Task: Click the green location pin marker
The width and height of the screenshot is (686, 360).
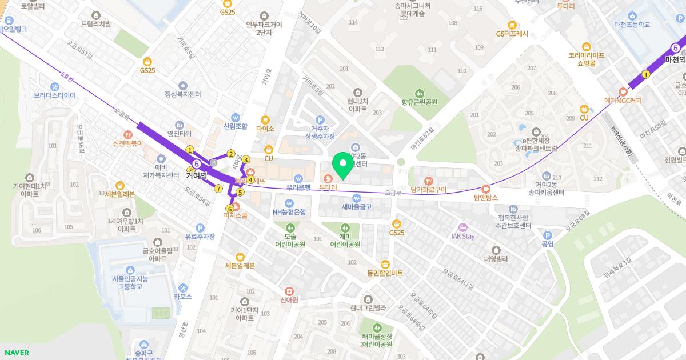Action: pyautogui.click(x=343, y=165)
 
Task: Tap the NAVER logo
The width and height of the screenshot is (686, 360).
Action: pyautogui.click(x=16, y=353)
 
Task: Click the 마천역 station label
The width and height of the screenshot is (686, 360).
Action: pyautogui.click(x=675, y=59)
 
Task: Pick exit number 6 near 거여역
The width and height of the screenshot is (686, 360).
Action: pyautogui.click(x=230, y=209)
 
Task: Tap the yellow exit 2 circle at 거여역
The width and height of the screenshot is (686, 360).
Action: pyautogui.click(x=231, y=154)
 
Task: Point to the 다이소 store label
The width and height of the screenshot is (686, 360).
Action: pyautogui.click(x=265, y=129)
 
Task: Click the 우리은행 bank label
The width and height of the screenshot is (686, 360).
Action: pyautogui.click(x=298, y=187)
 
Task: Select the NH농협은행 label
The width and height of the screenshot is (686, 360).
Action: pyautogui.click(x=289, y=212)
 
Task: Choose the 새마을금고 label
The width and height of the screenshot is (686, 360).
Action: pyautogui.click(x=357, y=206)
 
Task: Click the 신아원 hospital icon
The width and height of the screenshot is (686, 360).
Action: pyautogui.click(x=289, y=291)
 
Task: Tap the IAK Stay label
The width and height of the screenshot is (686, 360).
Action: pyautogui.click(x=463, y=236)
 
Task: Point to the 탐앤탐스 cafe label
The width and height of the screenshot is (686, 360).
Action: pyautogui.click(x=486, y=197)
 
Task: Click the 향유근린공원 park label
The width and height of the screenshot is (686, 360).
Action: pyautogui.click(x=419, y=102)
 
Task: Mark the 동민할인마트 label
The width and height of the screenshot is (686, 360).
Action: pyautogui.click(x=385, y=273)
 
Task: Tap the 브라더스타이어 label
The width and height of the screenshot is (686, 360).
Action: pyautogui.click(x=55, y=95)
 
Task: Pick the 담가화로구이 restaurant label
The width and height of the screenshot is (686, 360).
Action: pyautogui.click(x=429, y=190)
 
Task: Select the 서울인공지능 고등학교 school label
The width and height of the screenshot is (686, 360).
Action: pyautogui.click(x=130, y=282)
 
